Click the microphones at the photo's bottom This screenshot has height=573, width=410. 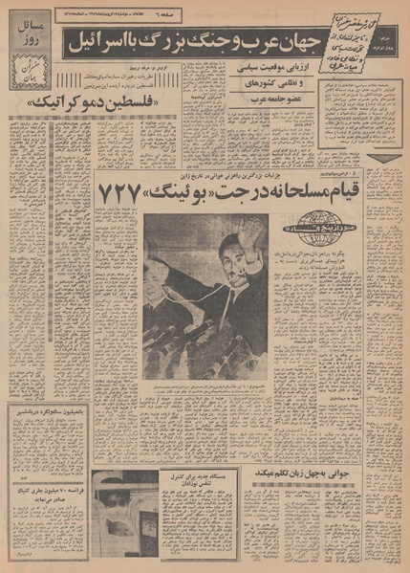pos(191,354)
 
